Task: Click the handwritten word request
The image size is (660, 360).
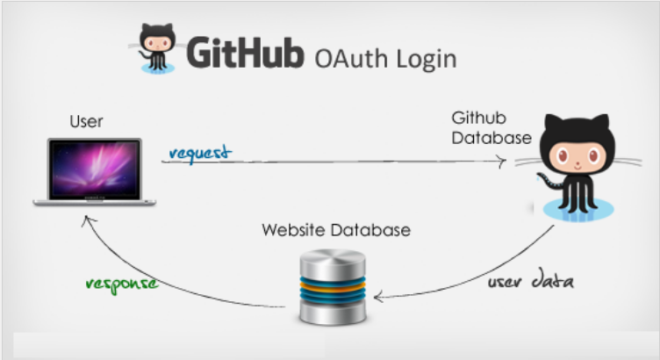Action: (198, 153)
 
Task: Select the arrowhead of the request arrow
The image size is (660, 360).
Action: (502, 162)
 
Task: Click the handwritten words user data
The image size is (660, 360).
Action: (538, 282)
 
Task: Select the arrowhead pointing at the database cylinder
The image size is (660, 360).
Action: (379, 296)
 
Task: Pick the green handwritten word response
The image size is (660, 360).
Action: (122, 284)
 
